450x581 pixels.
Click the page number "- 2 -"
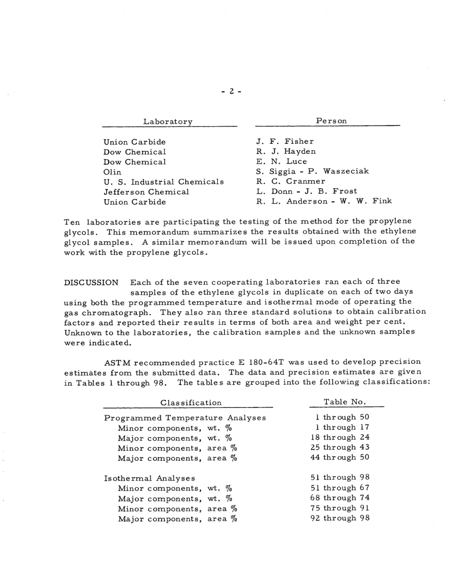(232, 91)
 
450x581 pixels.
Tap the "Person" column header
(332, 121)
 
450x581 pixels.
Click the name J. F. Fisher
(285, 141)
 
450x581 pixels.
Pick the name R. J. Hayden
(286, 151)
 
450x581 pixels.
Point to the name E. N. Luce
(282, 162)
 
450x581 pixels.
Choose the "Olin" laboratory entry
(113, 172)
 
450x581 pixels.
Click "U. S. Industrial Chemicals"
(164, 182)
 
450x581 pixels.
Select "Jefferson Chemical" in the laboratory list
(147, 192)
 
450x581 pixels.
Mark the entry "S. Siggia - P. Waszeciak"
(313, 171)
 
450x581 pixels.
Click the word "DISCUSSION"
(91, 283)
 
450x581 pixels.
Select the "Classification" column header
(191, 403)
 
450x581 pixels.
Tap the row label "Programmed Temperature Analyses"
(185, 418)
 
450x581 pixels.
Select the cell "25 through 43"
(340, 447)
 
